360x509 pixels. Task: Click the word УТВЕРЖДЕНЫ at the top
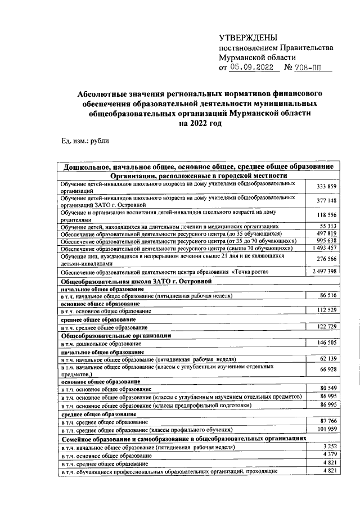tap(248, 38)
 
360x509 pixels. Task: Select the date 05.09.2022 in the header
tap(254, 67)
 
